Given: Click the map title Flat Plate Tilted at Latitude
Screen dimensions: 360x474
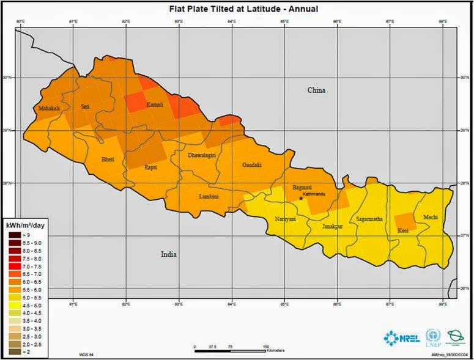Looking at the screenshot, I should (x=235, y=9).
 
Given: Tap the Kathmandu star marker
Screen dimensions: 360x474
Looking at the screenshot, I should (x=301, y=198).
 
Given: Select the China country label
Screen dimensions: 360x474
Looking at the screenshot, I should (x=316, y=90).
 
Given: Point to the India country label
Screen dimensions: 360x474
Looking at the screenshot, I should (x=168, y=254).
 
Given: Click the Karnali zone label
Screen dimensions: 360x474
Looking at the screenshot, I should (x=155, y=105).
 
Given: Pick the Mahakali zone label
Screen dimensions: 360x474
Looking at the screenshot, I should (x=48, y=108).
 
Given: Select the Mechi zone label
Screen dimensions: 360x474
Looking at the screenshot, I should (x=423, y=217).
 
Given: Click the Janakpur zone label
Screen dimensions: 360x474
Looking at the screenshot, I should (x=333, y=226).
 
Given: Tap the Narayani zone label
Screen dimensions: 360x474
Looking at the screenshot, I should (x=286, y=218).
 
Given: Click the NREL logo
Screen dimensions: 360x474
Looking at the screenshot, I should (x=401, y=337).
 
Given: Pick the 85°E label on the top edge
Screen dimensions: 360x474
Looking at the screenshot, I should (x=284, y=22).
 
